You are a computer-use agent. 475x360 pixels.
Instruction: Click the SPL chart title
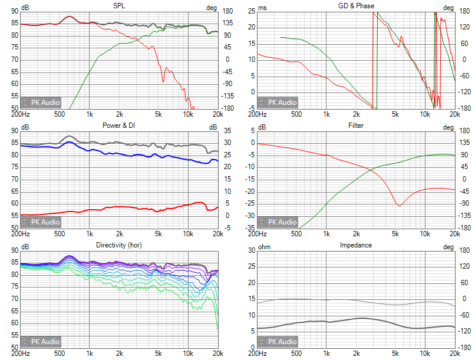pyautogui.click(x=119, y=5)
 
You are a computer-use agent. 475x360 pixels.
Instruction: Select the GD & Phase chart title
pyautogui.click(x=355, y=5)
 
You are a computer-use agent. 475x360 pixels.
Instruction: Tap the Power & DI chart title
pyautogui.click(x=118, y=125)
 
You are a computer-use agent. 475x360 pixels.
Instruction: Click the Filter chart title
pyautogui.click(x=356, y=125)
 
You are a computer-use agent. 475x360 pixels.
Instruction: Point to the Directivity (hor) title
pyautogui.click(x=118, y=245)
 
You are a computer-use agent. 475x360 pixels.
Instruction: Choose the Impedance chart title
pyautogui.click(x=356, y=245)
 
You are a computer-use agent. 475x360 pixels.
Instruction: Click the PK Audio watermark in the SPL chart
pyautogui.click(x=41, y=102)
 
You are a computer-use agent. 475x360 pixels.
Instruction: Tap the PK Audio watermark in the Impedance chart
pyautogui.click(x=279, y=341)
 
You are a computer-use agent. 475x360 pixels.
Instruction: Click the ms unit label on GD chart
pyautogui.click(x=263, y=8)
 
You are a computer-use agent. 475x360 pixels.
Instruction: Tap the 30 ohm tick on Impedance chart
pyautogui.click(x=251, y=250)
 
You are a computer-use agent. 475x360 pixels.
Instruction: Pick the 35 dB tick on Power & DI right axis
pyautogui.click(x=227, y=131)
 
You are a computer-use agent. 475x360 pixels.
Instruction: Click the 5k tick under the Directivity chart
pyautogui.click(x=159, y=354)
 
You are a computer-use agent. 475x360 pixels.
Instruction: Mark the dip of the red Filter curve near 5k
pyautogui.click(x=400, y=205)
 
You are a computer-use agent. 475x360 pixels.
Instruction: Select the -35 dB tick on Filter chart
pyautogui.click(x=250, y=227)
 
